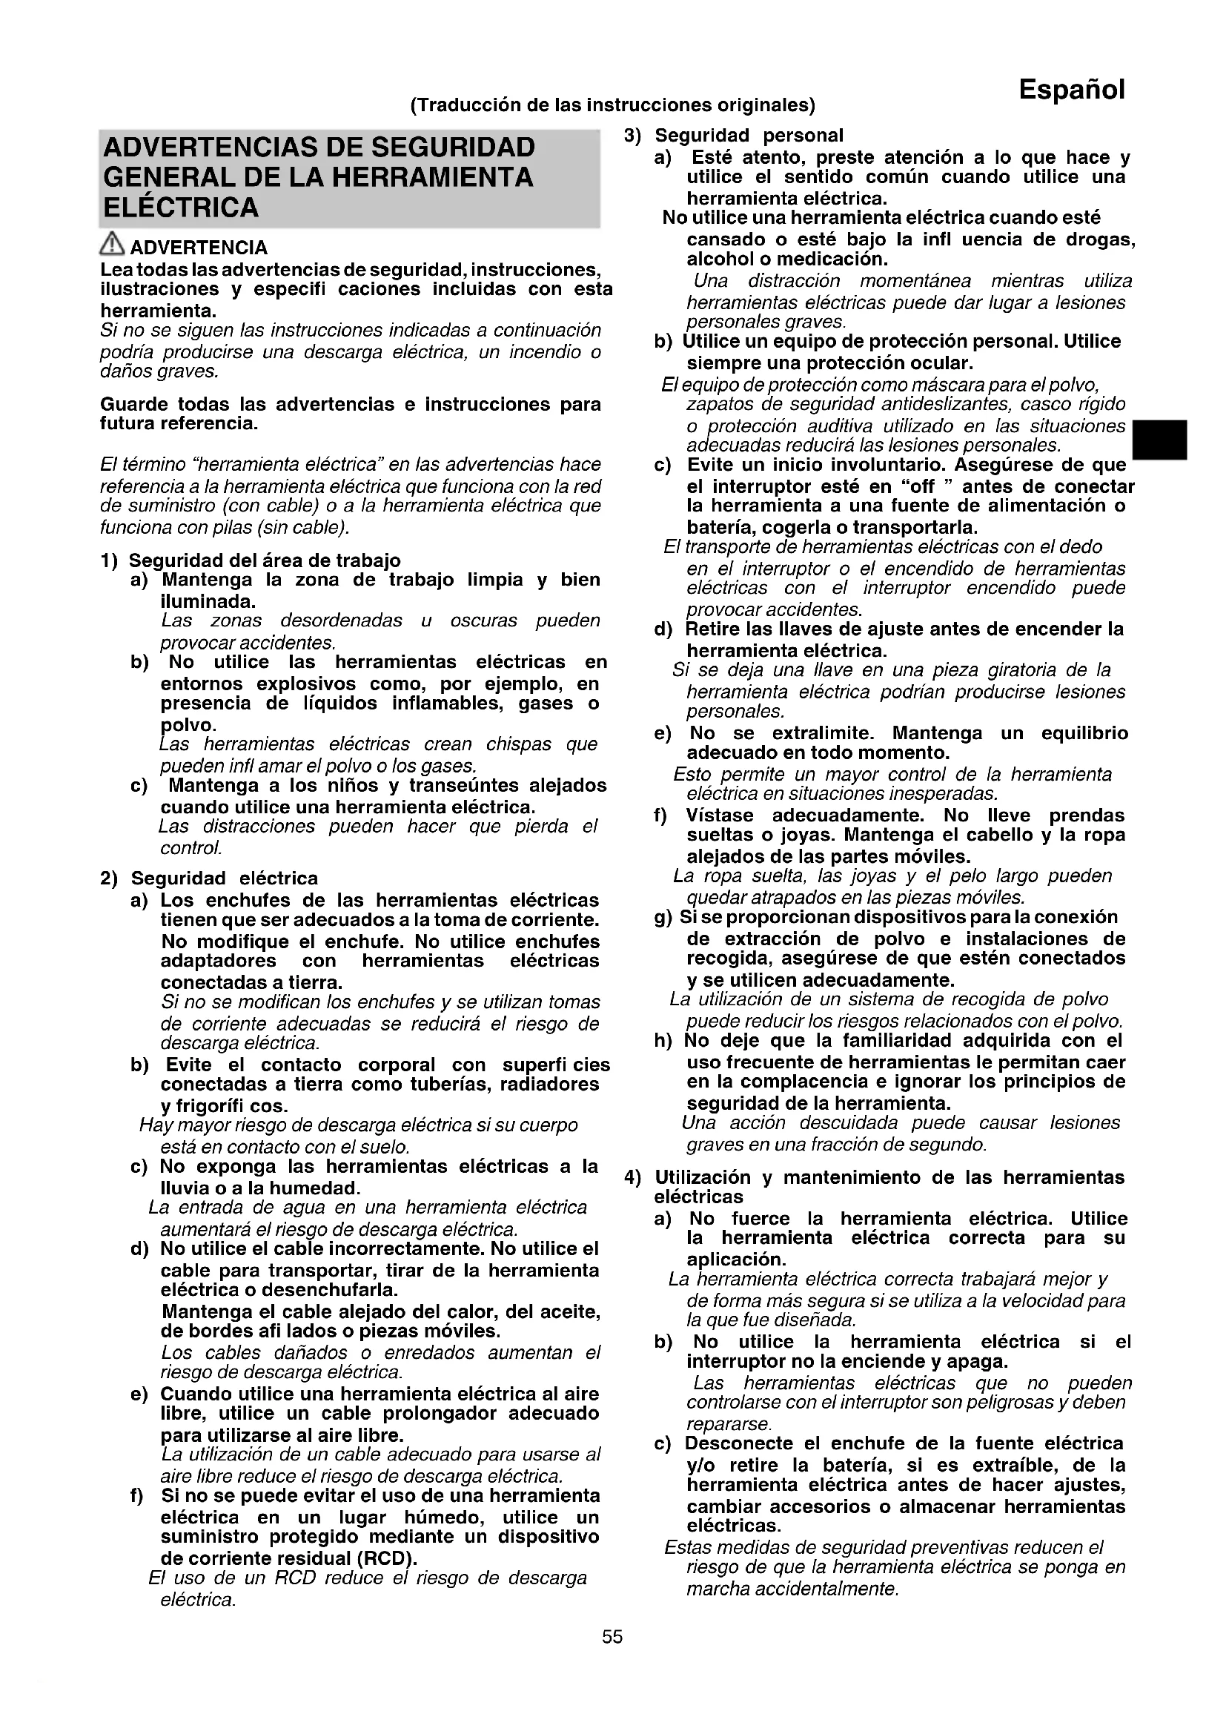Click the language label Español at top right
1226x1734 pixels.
1071,90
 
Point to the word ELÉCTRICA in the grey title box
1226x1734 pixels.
180,208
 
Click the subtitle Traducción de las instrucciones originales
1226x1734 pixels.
612,105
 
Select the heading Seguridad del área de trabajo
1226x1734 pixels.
264,560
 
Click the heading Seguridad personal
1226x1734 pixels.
748,136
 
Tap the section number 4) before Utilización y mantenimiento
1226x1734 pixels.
632,1177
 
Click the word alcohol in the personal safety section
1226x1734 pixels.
721,259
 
